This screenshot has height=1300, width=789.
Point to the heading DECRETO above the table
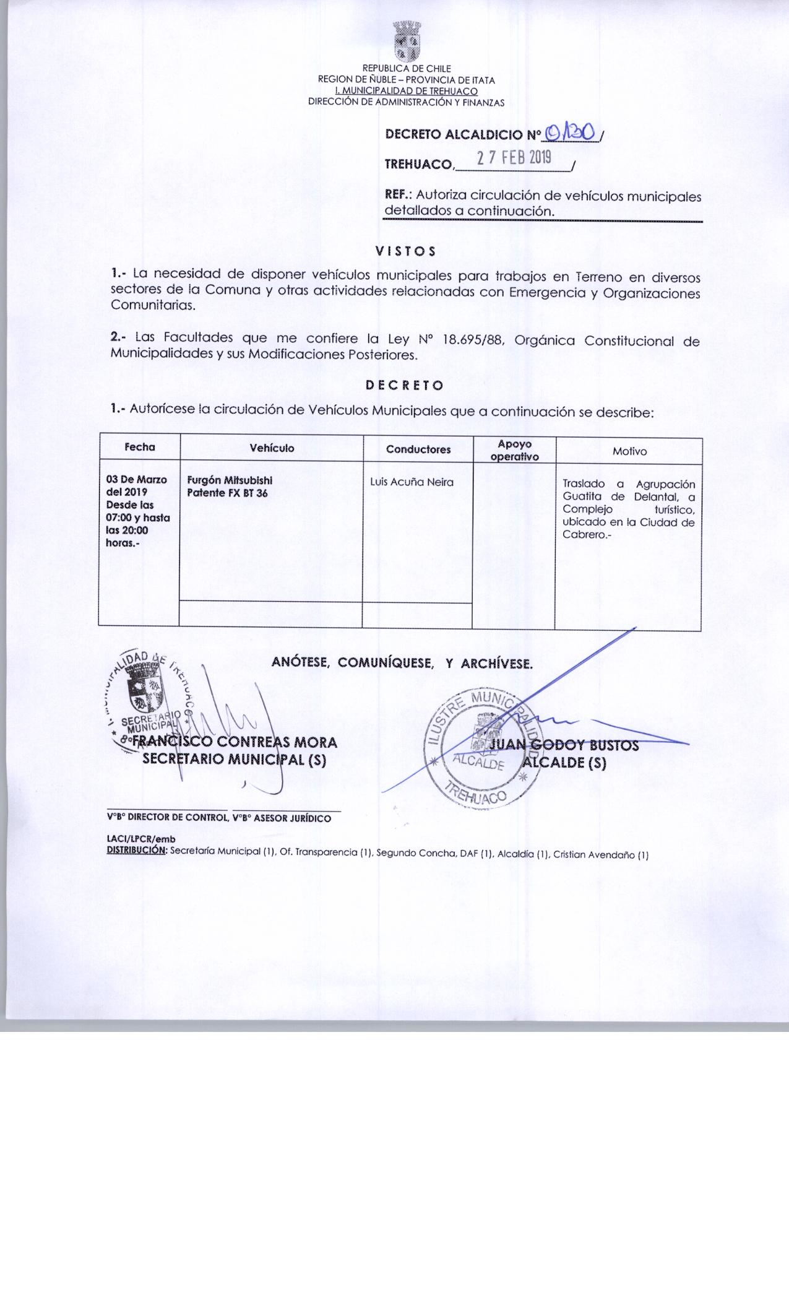[x=405, y=385]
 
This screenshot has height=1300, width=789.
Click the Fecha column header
[x=139, y=447]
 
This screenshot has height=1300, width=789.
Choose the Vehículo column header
[x=272, y=448]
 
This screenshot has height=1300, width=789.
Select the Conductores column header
[x=418, y=449]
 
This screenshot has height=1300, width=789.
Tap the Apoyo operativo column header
[x=514, y=451]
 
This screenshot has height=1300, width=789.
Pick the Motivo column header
[x=629, y=451]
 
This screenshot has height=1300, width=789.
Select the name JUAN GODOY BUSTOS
[x=563, y=745]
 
